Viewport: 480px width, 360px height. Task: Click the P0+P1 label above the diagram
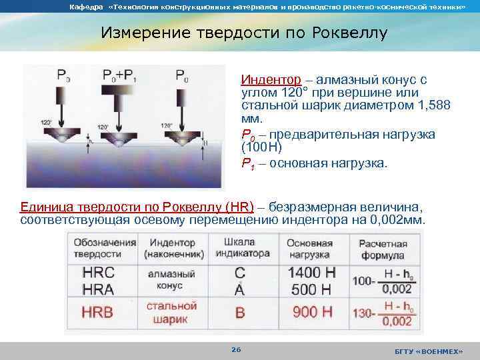pyautogui.click(x=120, y=75)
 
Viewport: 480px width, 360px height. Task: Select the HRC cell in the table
pyautogui.click(x=99, y=272)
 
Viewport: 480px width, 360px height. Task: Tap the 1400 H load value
pyautogui.click(x=312, y=271)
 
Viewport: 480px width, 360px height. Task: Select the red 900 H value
pyautogui.click(x=311, y=311)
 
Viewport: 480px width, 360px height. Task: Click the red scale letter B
pyautogui.click(x=240, y=312)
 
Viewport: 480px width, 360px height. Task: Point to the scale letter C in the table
pyautogui.click(x=240, y=272)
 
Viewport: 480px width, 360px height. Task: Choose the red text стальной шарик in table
pyautogui.click(x=171, y=312)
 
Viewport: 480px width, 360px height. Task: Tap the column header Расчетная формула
pyautogui.click(x=383, y=249)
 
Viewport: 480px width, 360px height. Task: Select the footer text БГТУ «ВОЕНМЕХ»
pyautogui.click(x=428, y=351)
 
